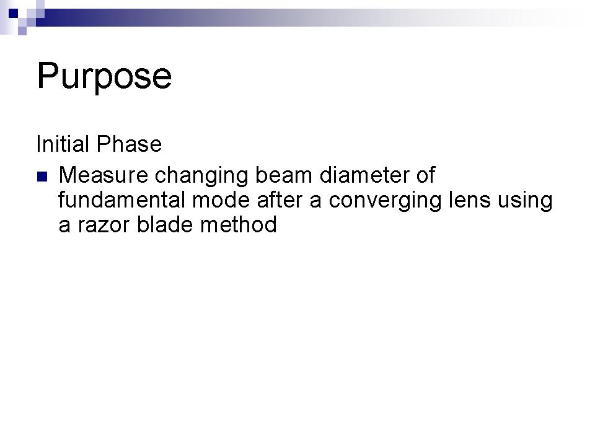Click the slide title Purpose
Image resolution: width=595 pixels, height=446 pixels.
pos(104,77)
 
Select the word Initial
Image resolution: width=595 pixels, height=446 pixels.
pos(63,144)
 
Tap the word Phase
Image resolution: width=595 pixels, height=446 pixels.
pos(129,144)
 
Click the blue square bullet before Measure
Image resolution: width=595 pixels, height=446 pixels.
pos(42,177)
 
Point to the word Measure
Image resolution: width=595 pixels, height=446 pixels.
pos(104,175)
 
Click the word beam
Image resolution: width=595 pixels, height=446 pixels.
pos(284,175)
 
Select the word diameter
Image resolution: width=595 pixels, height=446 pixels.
pos(364,175)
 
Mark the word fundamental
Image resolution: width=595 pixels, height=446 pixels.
pos(121,200)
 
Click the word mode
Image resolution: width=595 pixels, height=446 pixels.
pos(221,200)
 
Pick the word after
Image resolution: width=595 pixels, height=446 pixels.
pos(280,200)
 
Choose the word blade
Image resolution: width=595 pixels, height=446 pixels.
pos(165,224)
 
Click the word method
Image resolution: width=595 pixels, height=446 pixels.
pos(239,224)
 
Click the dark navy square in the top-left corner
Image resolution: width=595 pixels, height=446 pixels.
pos(13,13)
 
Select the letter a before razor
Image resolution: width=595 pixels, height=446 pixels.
pos(64,227)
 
